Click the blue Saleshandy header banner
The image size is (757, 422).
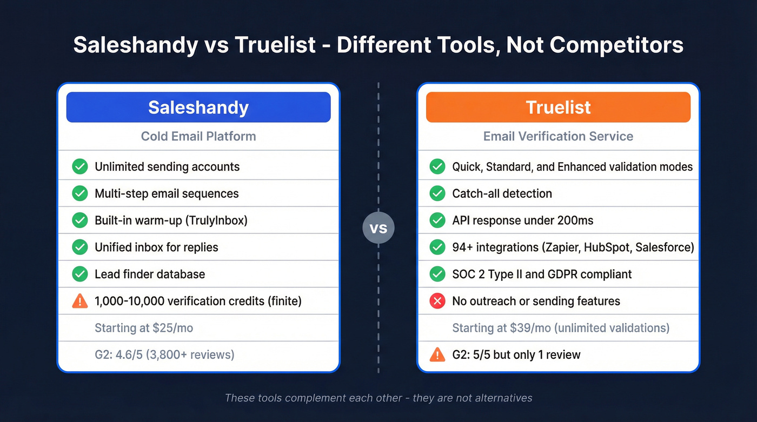click(x=198, y=107)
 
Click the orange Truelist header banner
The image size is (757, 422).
click(x=558, y=107)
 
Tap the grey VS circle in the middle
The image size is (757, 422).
click(x=378, y=228)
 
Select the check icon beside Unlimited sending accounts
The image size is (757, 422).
click(x=80, y=166)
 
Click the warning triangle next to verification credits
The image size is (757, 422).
click(x=80, y=301)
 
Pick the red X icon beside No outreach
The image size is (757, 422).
click(x=437, y=301)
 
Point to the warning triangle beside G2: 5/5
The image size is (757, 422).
click(x=437, y=354)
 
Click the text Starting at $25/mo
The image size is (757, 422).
click(x=144, y=328)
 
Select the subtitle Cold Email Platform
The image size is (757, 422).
click(x=198, y=136)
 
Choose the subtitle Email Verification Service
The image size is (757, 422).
click(x=558, y=136)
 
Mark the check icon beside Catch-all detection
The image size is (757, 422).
click(x=437, y=193)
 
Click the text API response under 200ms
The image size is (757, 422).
click(x=522, y=220)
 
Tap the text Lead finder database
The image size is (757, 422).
click(x=150, y=274)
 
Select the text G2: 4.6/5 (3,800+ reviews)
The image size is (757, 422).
click(x=164, y=355)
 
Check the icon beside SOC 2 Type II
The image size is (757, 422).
click(x=437, y=274)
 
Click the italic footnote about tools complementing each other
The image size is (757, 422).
click(x=378, y=398)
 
